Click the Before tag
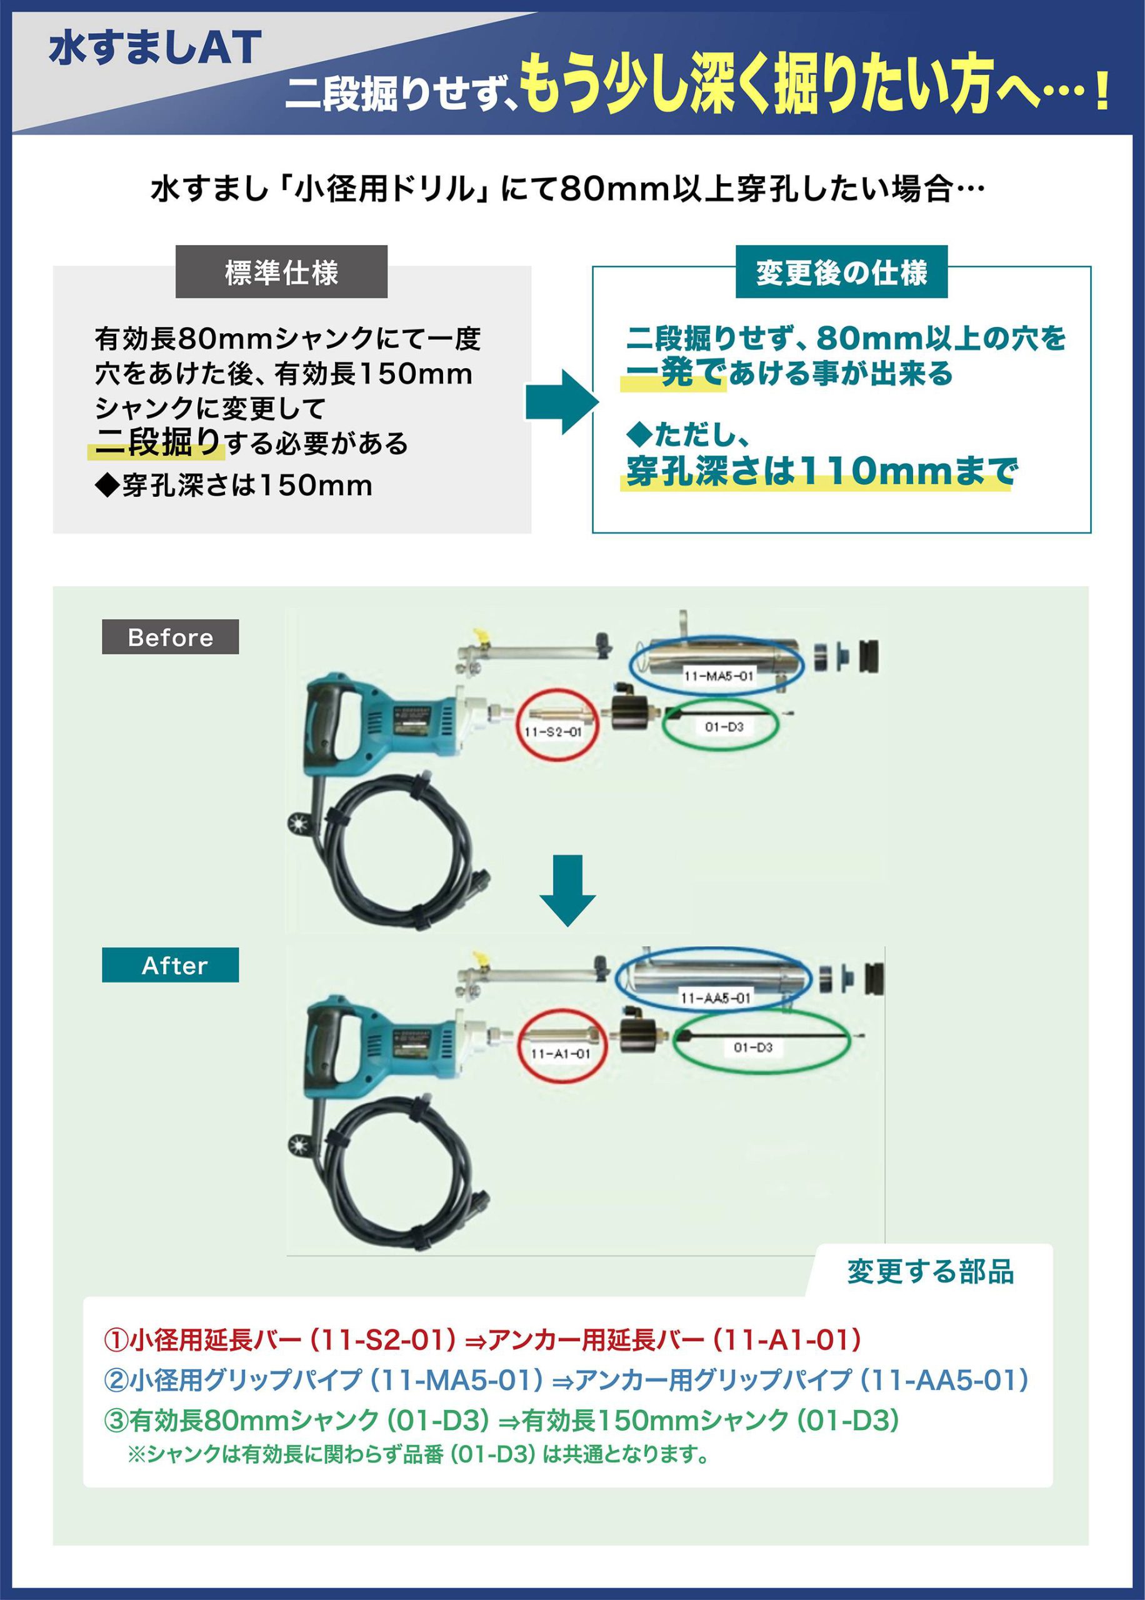click(170, 637)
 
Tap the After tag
click(170, 965)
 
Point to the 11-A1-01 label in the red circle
click(560, 1054)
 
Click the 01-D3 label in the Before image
click(724, 727)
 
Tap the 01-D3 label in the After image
click(753, 1047)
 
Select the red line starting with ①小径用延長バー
click(482, 1339)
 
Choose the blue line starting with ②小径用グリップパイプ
click(566, 1379)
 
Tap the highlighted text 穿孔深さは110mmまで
click(821, 471)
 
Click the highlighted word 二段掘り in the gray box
click(158, 443)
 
